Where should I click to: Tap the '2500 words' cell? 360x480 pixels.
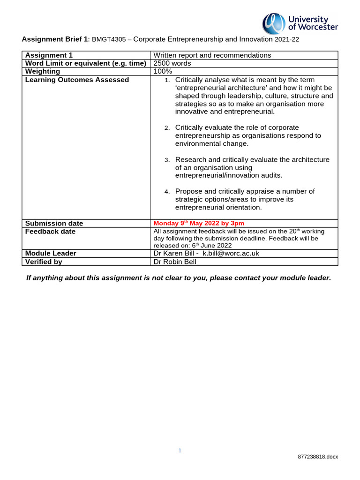(172, 63)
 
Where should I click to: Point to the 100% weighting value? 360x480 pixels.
(163, 71)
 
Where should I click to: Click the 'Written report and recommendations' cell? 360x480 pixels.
(212, 55)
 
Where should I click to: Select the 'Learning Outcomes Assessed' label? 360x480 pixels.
(77, 80)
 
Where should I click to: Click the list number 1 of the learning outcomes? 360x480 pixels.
(168, 80)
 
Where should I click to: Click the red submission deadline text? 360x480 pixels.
(199, 223)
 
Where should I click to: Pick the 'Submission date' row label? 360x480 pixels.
(54, 224)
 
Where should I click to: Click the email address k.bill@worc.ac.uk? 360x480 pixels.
(231, 253)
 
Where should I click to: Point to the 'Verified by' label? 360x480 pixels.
(44, 262)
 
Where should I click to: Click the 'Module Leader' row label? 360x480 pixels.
(51, 253)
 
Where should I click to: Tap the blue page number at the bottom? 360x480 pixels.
(180, 450)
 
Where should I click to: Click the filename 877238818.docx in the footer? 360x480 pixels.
(318, 457)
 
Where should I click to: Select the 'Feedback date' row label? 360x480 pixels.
(50, 232)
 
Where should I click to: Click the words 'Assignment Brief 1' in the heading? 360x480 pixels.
(52, 40)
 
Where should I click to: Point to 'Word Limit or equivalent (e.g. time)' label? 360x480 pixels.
(86, 63)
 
